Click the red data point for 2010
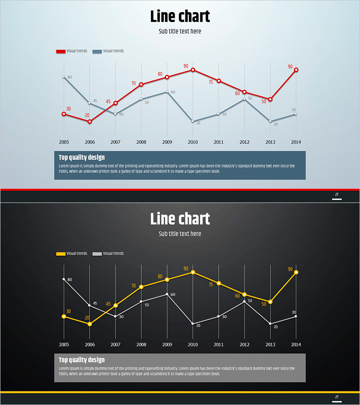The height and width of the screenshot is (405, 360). (x=193, y=70)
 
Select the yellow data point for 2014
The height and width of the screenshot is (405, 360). (x=296, y=272)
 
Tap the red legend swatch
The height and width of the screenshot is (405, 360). (x=61, y=52)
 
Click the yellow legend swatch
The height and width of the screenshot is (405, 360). (x=61, y=254)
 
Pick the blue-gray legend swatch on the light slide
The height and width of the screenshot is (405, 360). (x=97, y=52)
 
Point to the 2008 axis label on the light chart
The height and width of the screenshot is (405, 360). (x=141, y=142)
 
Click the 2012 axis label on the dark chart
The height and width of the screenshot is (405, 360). (x=244, y=344)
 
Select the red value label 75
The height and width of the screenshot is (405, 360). (x=211, y=82)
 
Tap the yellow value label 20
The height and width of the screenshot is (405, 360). (x=87, y=318)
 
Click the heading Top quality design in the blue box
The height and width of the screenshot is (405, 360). (x=81, y=157)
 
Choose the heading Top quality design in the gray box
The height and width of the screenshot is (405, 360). (x=81, y=360)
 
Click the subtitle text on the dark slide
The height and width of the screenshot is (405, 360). (x=180, y=234)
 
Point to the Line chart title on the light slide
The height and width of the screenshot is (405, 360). (x=180, y=17)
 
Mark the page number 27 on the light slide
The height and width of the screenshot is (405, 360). (x=337, y=194)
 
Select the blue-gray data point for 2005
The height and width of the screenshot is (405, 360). (x=64, y=77)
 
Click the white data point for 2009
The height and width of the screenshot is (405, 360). (x=167, y=294)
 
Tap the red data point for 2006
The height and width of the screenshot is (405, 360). (x=90, y=121)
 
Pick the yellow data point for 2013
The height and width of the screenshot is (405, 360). (x=270, y=301)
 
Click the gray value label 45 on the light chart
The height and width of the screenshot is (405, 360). (x=95, y=101)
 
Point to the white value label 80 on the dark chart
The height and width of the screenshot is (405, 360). (x=70, y=280)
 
